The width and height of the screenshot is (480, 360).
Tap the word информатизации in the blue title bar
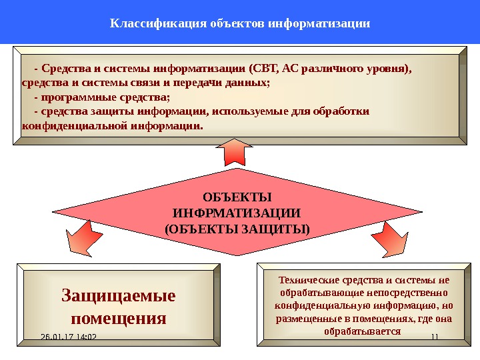click(319, 24)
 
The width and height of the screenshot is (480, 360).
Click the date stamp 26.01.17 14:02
click(69, 337)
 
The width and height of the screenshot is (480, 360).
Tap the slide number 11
click(435, 337)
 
